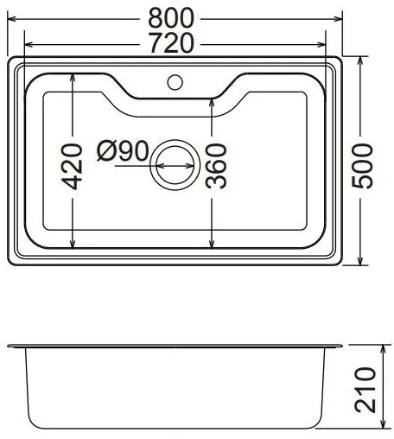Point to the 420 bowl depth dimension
click(x=72, y=165)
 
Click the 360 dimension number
click(x=217, y=166)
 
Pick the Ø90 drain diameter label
click(x=123, y=152)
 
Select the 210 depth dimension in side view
click(x=367, y=388)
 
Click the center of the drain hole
click(x=175, y=163)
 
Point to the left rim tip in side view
click(x=10, y=346)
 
